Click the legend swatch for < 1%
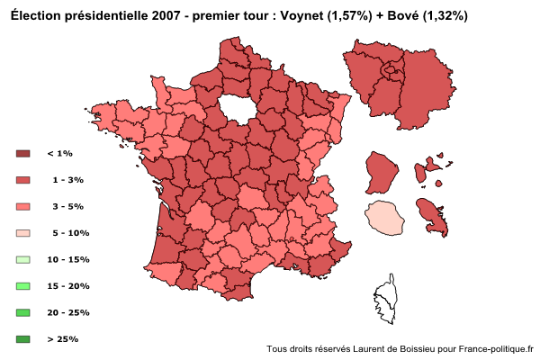(23, 154)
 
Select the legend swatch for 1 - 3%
(23, 180)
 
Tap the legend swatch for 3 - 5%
(23, 206)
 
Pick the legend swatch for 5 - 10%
(23, 233)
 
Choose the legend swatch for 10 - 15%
(23, 259)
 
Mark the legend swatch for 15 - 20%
(23, 286)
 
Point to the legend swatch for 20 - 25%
(23, 312)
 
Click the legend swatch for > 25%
(23, 339)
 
